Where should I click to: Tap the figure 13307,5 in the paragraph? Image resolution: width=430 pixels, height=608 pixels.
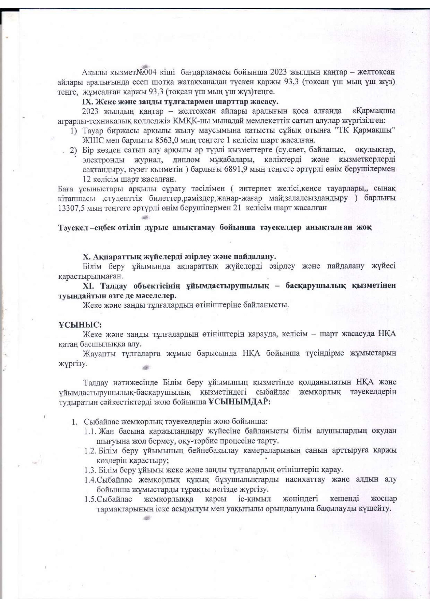click(70, 208)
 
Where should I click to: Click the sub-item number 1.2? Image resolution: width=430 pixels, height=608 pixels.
click(91, 451)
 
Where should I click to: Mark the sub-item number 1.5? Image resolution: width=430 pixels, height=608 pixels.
click(90, 499)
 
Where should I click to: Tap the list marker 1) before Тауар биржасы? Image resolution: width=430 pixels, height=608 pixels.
click(73, 130)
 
